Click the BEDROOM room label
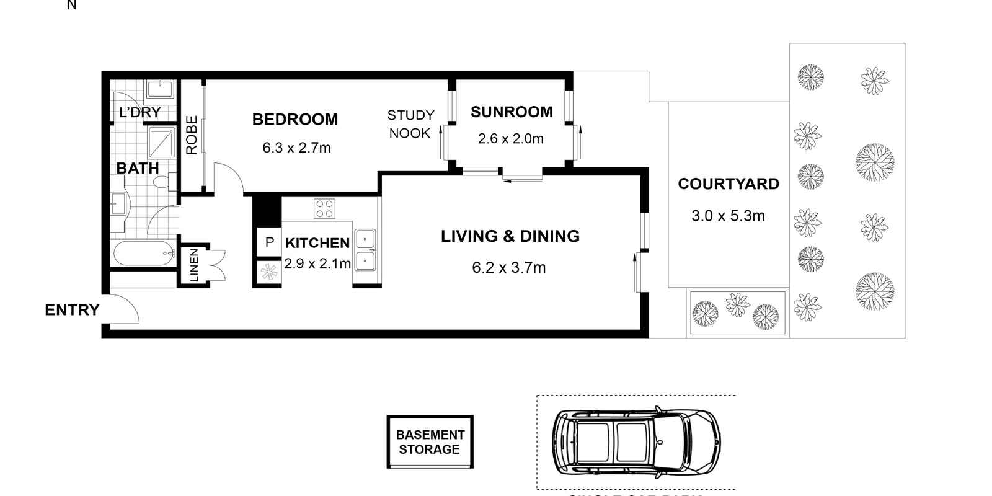(x=295, y=119)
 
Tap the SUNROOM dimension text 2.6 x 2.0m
(x=510, y=139)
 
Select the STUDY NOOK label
(x=410, y=124)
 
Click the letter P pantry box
(x=269, y=242)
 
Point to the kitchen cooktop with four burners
(x=324, y=208)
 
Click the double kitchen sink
(x=365, y=250)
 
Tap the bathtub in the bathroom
(x=144, y=254)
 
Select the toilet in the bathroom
(x=162, y=183)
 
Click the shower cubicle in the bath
(x=161, y=143)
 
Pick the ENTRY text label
(x=72, y=310)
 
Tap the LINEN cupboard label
(x=194, y=265)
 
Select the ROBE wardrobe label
(x=192, y=135)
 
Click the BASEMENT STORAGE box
(x=430, y=442)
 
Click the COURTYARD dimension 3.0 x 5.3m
(x=728, y=216)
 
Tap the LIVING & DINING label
(x=510, y=236)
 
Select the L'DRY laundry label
(x=139, y=112)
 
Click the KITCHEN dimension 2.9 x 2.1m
(x=317, y=263)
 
